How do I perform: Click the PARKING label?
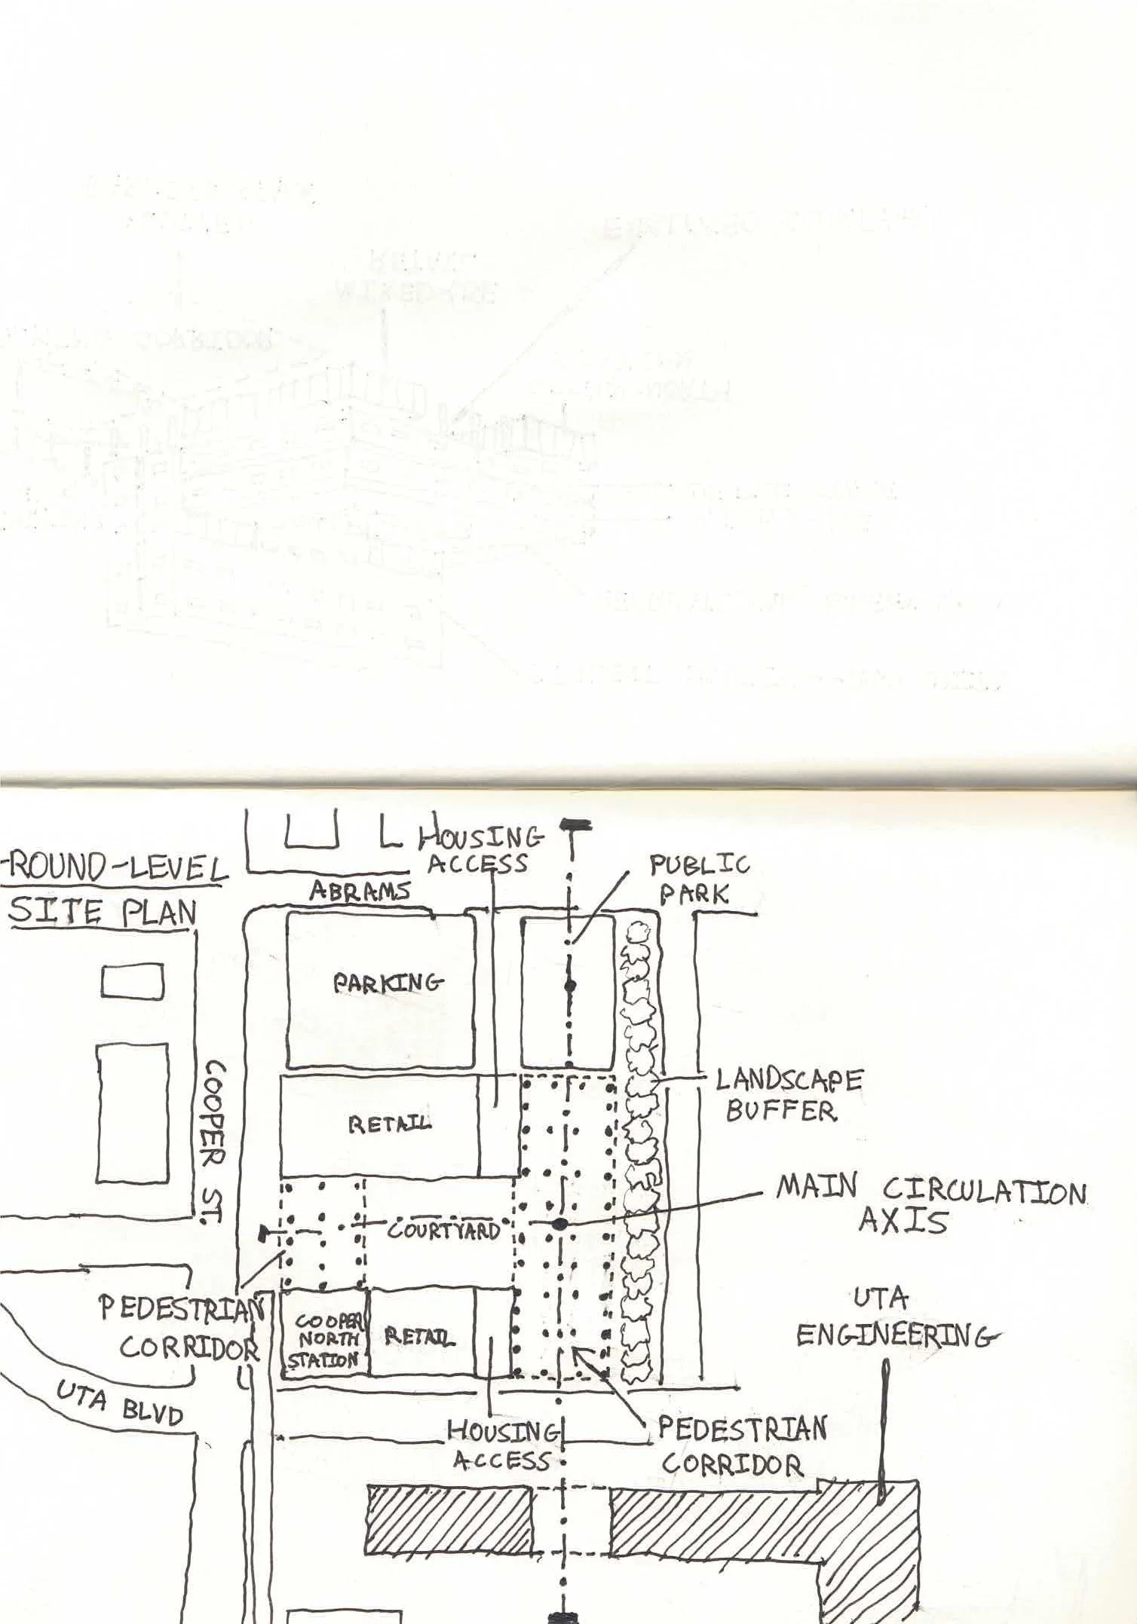[x=388, y=983]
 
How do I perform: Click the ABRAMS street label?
[x=360, y=892]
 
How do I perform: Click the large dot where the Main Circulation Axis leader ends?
[x=559, y=1225]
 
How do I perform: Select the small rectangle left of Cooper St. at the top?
[x=133, y=983]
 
